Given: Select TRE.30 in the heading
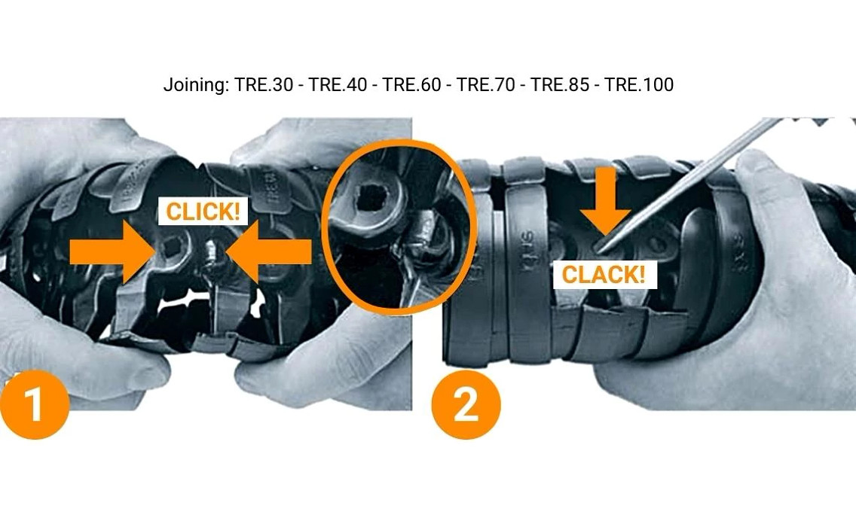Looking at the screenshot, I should (263, 85).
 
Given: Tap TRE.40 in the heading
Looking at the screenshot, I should (338, 85).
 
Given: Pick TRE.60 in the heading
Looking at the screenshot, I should (411, 85).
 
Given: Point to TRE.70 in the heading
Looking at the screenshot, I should (486, 85).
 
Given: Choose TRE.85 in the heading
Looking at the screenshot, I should (560, 85).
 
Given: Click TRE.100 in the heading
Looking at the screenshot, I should (639, 85).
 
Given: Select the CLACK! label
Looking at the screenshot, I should (604, 274).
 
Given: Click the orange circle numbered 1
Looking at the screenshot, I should (35, 405).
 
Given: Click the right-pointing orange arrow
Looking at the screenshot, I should (113, 252).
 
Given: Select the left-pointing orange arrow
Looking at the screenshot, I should (270, 252).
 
